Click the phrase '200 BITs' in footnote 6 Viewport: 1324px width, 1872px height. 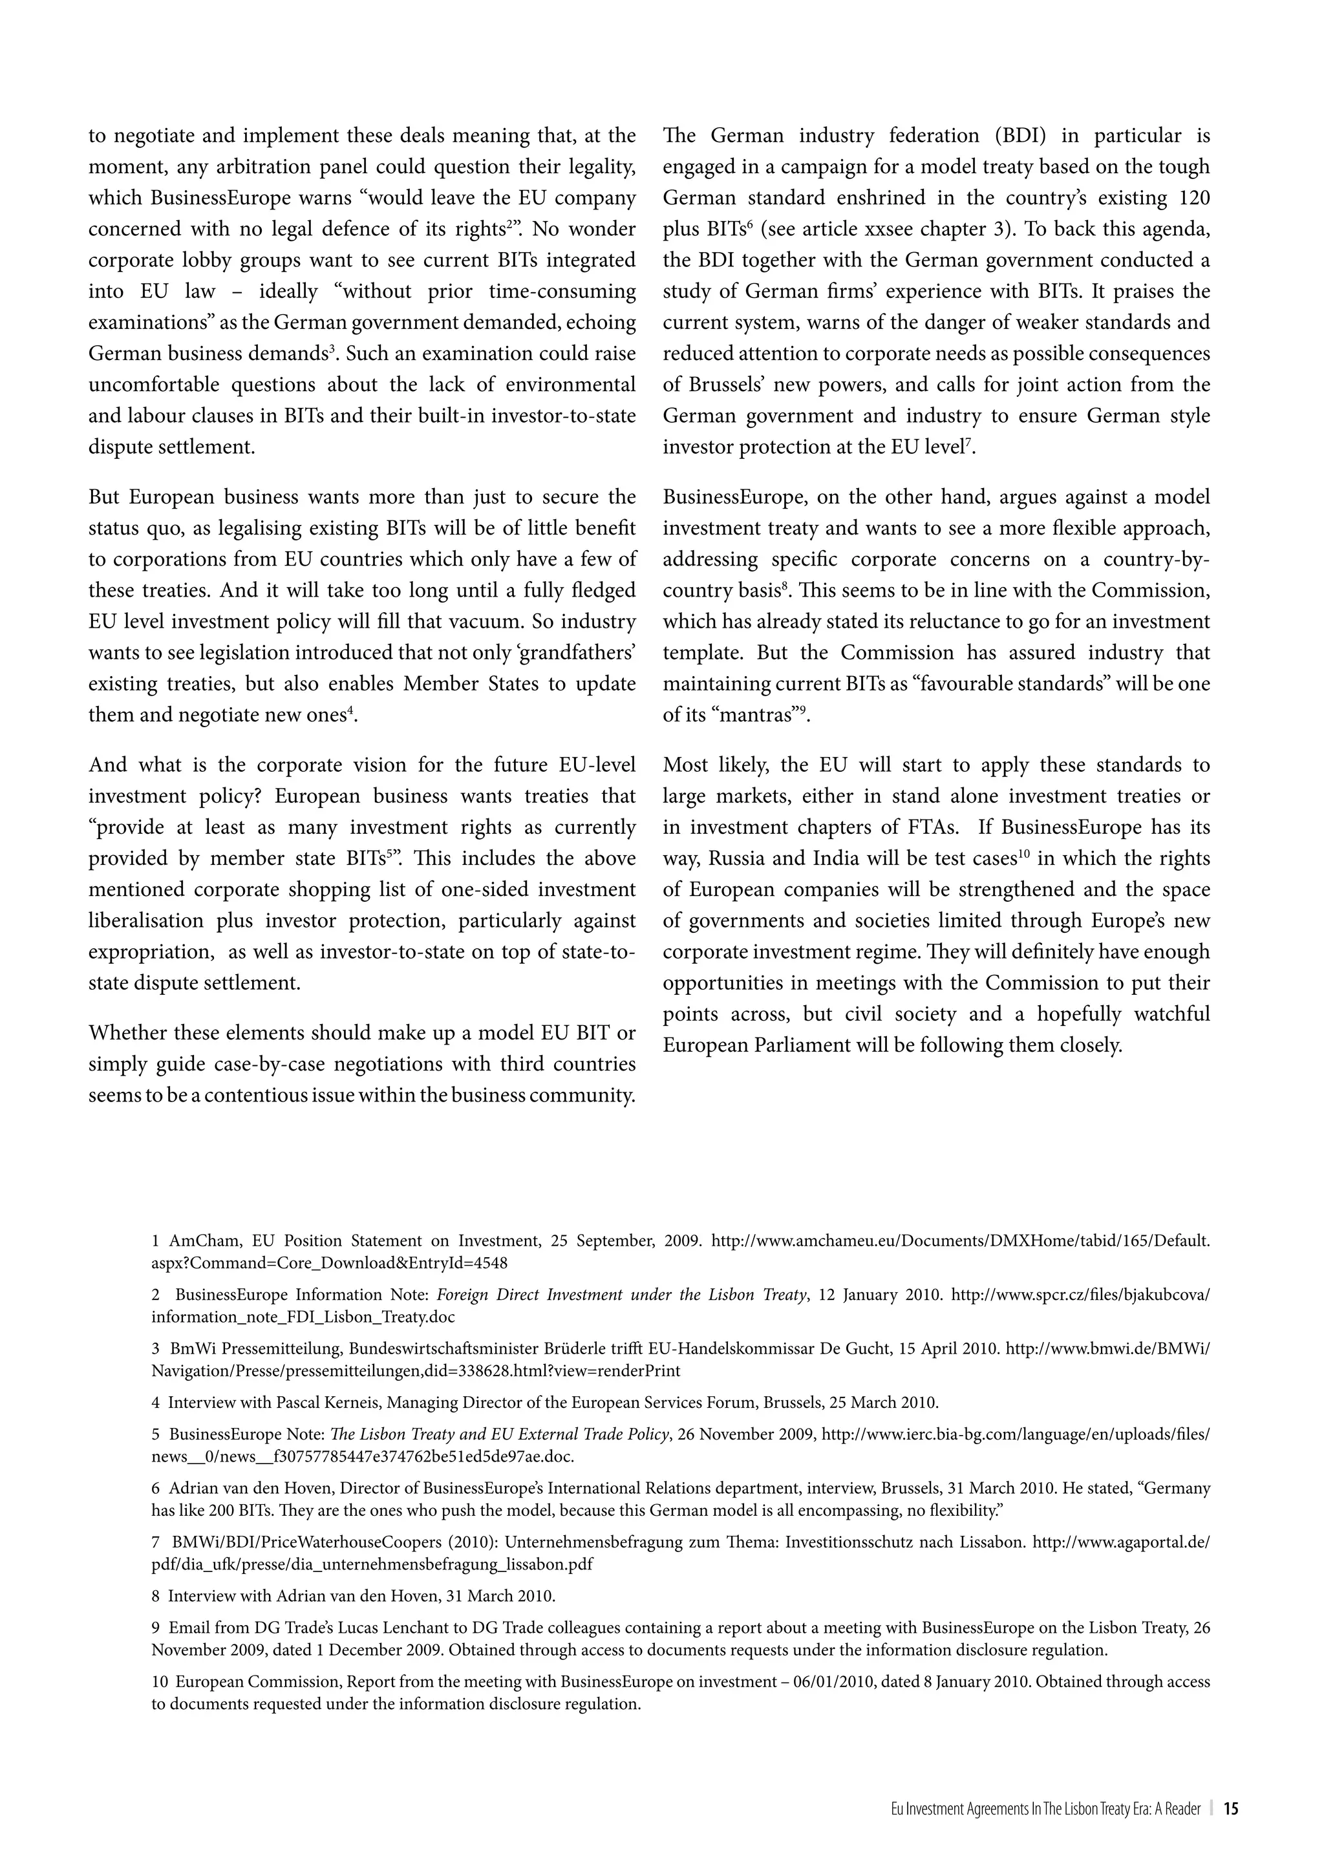click(209, 1510)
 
